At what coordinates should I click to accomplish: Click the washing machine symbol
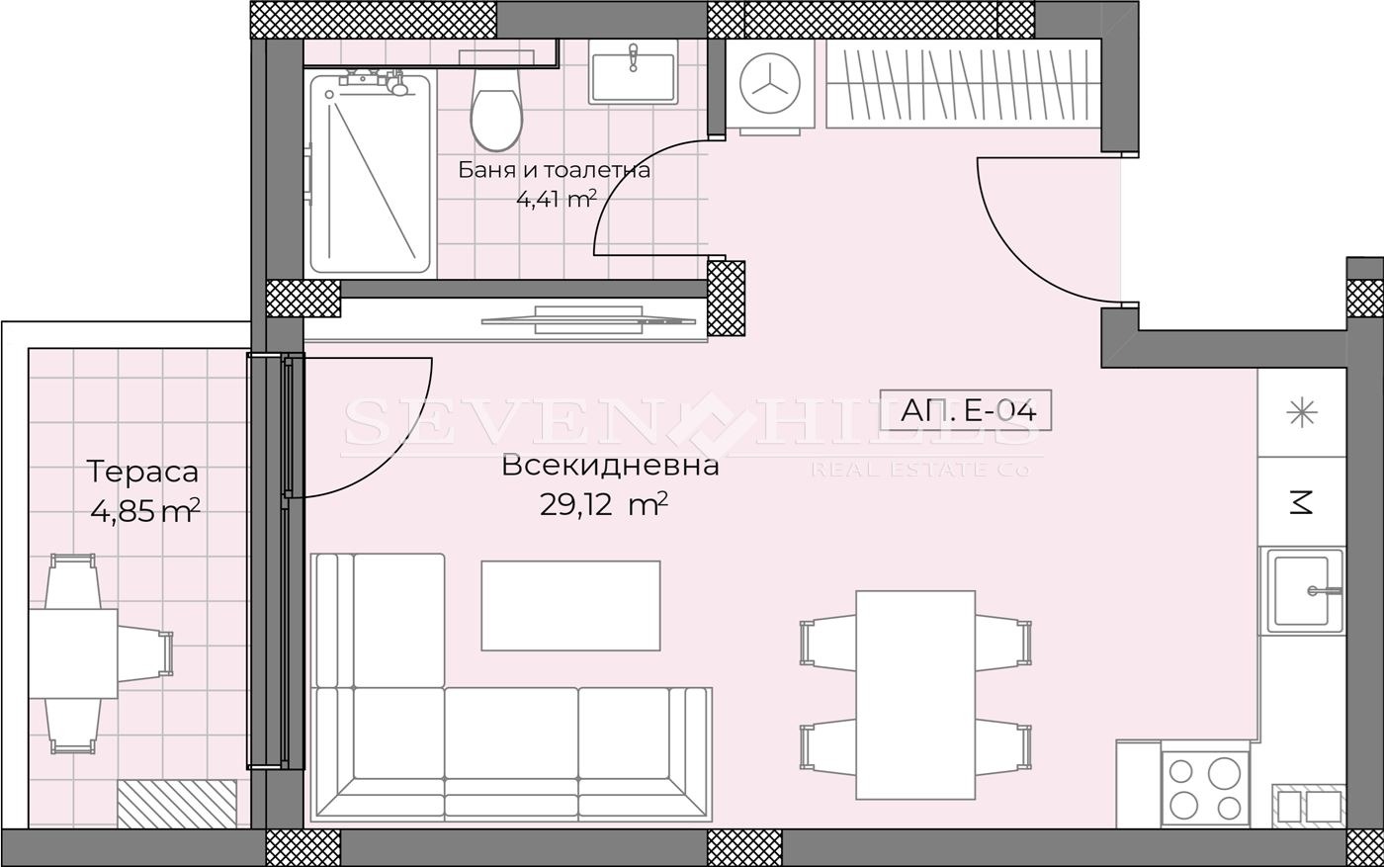click(771, 83)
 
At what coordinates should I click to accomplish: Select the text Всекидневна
click(610, 465)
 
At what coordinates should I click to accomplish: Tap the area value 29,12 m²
click(603, 505)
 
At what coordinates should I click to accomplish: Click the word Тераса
click(143, 473)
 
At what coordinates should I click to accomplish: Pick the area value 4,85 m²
click(144, 511)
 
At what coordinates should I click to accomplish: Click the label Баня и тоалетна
click(554, 170)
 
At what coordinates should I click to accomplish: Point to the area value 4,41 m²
click(556, 199)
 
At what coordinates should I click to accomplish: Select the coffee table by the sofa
click(570, 606)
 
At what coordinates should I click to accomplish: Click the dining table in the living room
click(915, 694)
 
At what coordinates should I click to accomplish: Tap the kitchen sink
click(1306, 591)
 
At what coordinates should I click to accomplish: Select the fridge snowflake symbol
click(1302, 413)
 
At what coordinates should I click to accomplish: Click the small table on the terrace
click(72, 653)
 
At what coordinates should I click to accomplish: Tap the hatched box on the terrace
click(177, 804)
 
